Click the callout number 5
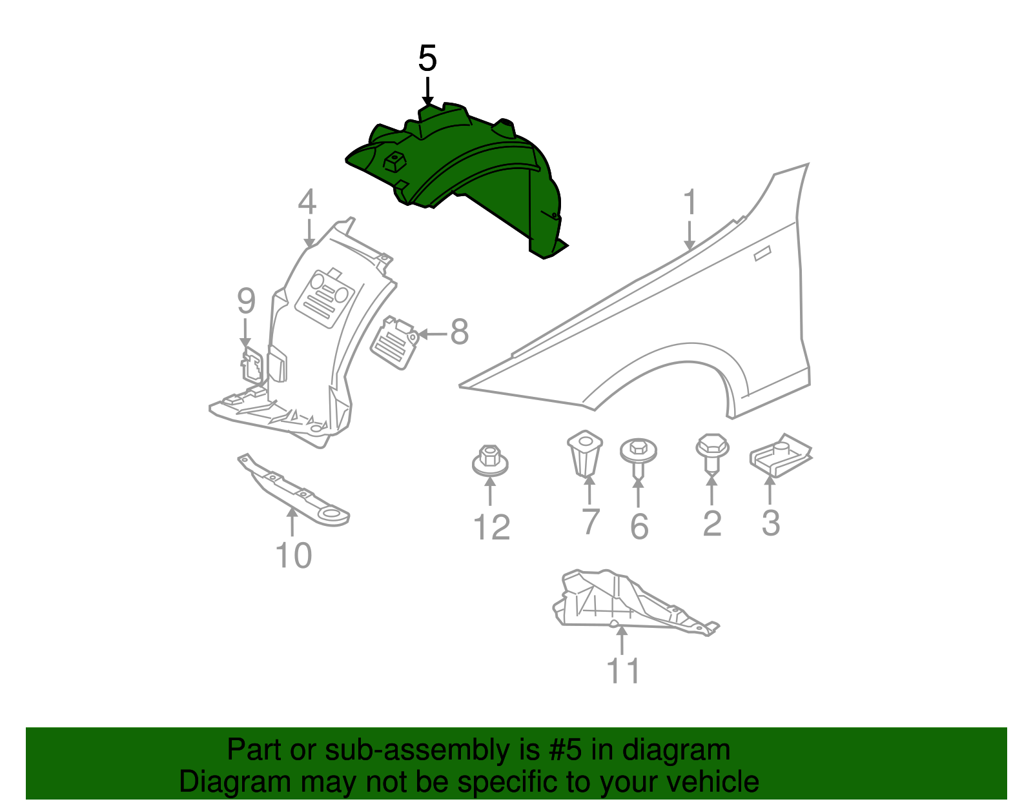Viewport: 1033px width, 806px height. tap(427, 59)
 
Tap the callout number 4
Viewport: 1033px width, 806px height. tap(307, 202)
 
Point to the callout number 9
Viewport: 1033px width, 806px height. tap(246, 301)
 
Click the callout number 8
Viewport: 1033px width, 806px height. tap(459, 333)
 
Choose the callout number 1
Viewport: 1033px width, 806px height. tap(691, 203)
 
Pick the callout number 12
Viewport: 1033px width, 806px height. tap(492, 528)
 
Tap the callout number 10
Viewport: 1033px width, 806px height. tap(294, 556)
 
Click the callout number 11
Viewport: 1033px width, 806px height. tap(624, 671)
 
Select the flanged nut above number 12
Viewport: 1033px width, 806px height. tap(490, 459)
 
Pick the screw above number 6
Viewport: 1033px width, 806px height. tap(638, 454)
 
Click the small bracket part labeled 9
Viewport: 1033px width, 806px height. tap(252, 366)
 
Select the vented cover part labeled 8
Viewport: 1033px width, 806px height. tap(394, 342)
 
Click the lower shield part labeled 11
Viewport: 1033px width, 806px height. tap(620, 600)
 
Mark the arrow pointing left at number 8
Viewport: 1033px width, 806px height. tap(433, 334)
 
